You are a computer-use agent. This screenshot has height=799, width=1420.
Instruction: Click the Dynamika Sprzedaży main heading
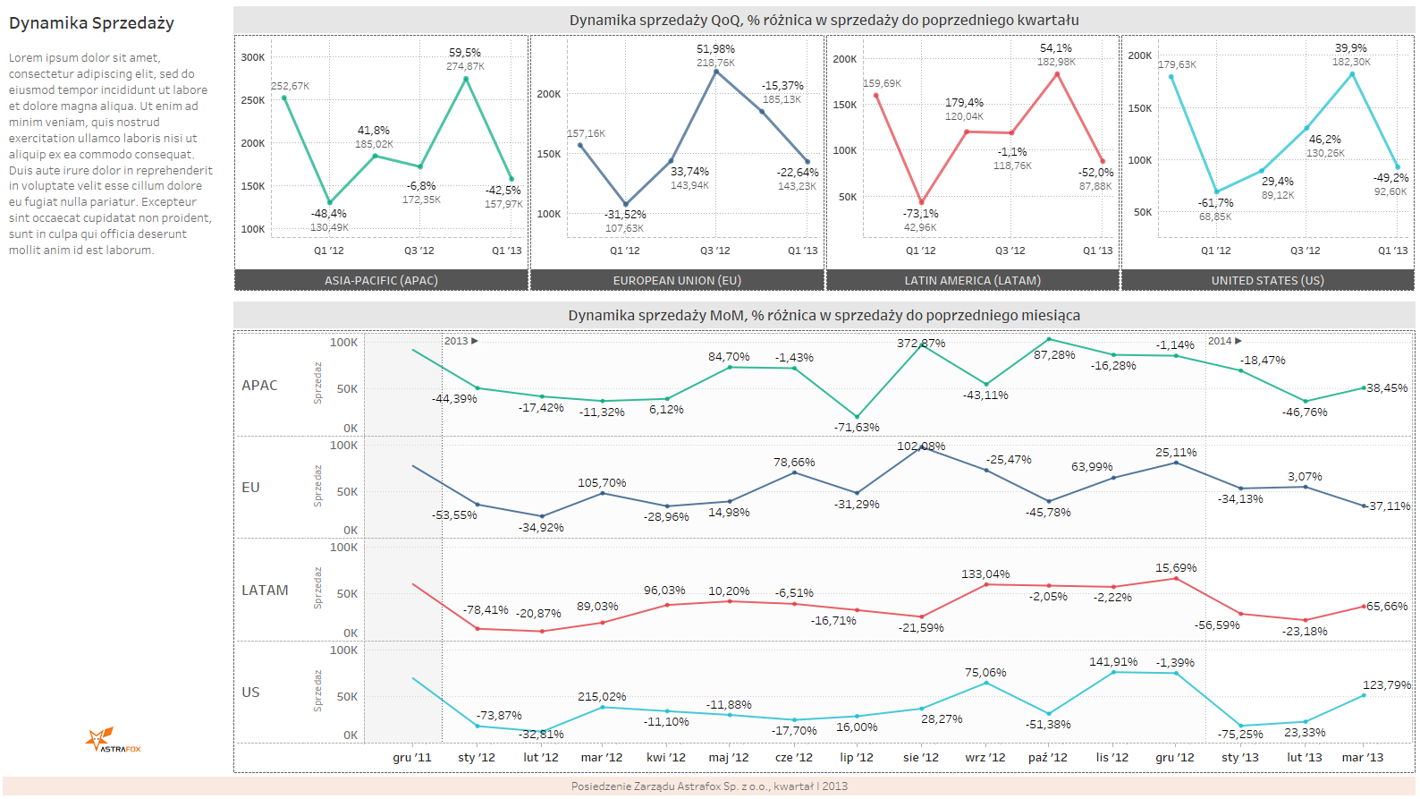pos(91,24)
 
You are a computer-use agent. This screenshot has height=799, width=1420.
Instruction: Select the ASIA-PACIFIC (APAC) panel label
pos(381,281)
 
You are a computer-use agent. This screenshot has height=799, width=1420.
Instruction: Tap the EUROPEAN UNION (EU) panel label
pos(677,281)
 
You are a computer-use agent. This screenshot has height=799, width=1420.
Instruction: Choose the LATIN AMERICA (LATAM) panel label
pos(972,281)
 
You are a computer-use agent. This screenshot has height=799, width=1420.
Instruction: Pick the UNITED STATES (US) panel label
pos(1267,281)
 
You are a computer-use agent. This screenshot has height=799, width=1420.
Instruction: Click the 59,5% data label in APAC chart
pos(465,53)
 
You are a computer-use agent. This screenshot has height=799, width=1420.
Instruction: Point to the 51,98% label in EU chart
pos(715,49)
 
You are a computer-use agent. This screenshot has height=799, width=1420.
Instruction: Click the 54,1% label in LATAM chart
pos(1056,48)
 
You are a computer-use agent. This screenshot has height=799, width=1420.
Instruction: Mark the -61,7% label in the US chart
pos(1216,203)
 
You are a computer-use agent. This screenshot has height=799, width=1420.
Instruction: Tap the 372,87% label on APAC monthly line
pos(921,344)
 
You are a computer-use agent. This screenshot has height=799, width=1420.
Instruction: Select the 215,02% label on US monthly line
pos(602,697)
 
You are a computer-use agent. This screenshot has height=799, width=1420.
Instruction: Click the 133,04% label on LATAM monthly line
pos(985,574)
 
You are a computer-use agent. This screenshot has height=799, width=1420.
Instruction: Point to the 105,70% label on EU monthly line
pos(602,483)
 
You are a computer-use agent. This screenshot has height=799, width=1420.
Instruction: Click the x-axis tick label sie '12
pos(920,758)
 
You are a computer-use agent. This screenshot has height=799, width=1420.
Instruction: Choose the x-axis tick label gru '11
pos(411,758)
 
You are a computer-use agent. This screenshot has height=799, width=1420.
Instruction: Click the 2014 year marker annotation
pos(1224,341)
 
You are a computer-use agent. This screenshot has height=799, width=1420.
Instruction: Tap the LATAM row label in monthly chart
pos(265,591)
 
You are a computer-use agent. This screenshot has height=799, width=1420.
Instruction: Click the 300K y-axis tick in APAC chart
pos(253,57)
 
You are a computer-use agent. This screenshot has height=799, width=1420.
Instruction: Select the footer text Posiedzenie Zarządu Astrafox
pos(709,786)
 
